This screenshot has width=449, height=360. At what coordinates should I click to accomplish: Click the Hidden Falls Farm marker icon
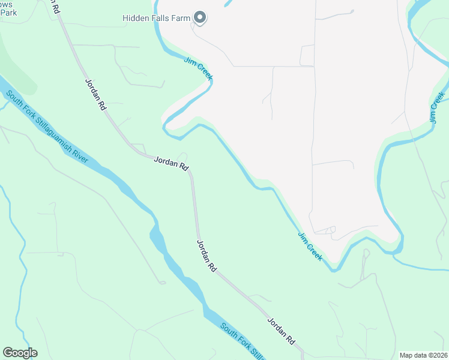(x=200, y=18)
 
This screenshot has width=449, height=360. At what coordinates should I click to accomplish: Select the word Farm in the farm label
(x=181, y=19)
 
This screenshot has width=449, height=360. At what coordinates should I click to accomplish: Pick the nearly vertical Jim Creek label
(x=436, y=109)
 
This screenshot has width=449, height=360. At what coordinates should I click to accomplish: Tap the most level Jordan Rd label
(x=172, y=163)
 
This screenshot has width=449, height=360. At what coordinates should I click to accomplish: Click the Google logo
(x=20, y=353)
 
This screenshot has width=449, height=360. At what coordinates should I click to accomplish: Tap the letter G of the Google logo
(x=8, y=352)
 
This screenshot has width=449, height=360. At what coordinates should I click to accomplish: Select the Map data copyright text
(x=423, y=355)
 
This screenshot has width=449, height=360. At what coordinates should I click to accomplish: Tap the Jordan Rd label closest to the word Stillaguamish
(x=95, y=94)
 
